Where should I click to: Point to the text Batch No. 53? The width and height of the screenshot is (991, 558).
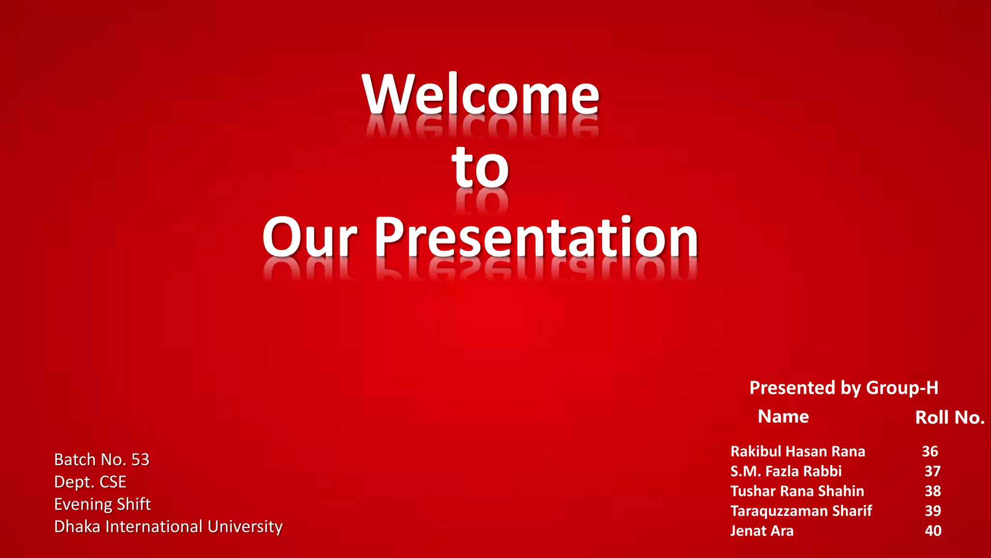(x=102, y=459)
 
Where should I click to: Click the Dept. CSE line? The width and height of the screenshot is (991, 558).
(x=90, y=481)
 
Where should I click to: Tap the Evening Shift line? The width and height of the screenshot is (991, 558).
(x=102, y=504)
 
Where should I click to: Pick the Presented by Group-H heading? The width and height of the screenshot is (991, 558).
(x=843, y=387)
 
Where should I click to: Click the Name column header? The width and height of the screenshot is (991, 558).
(x=783, y=417)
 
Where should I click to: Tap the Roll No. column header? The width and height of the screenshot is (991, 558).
(x=949, y=418)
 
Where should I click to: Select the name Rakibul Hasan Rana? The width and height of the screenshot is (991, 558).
(x=797, y=451)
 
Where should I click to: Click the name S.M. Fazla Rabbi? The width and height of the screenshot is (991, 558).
(x=786, y=471)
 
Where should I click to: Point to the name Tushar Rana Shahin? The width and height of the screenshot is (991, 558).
(x=797, y=491)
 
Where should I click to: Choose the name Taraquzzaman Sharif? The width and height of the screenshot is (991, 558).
(x=801, y=511)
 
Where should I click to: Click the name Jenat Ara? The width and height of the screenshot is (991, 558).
(x=762, y=531)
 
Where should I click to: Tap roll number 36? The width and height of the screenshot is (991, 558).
(x=930, y=451)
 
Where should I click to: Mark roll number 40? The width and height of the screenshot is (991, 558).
(x=932, y=531)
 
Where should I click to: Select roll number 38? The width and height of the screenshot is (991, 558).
(x=932, y=491)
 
